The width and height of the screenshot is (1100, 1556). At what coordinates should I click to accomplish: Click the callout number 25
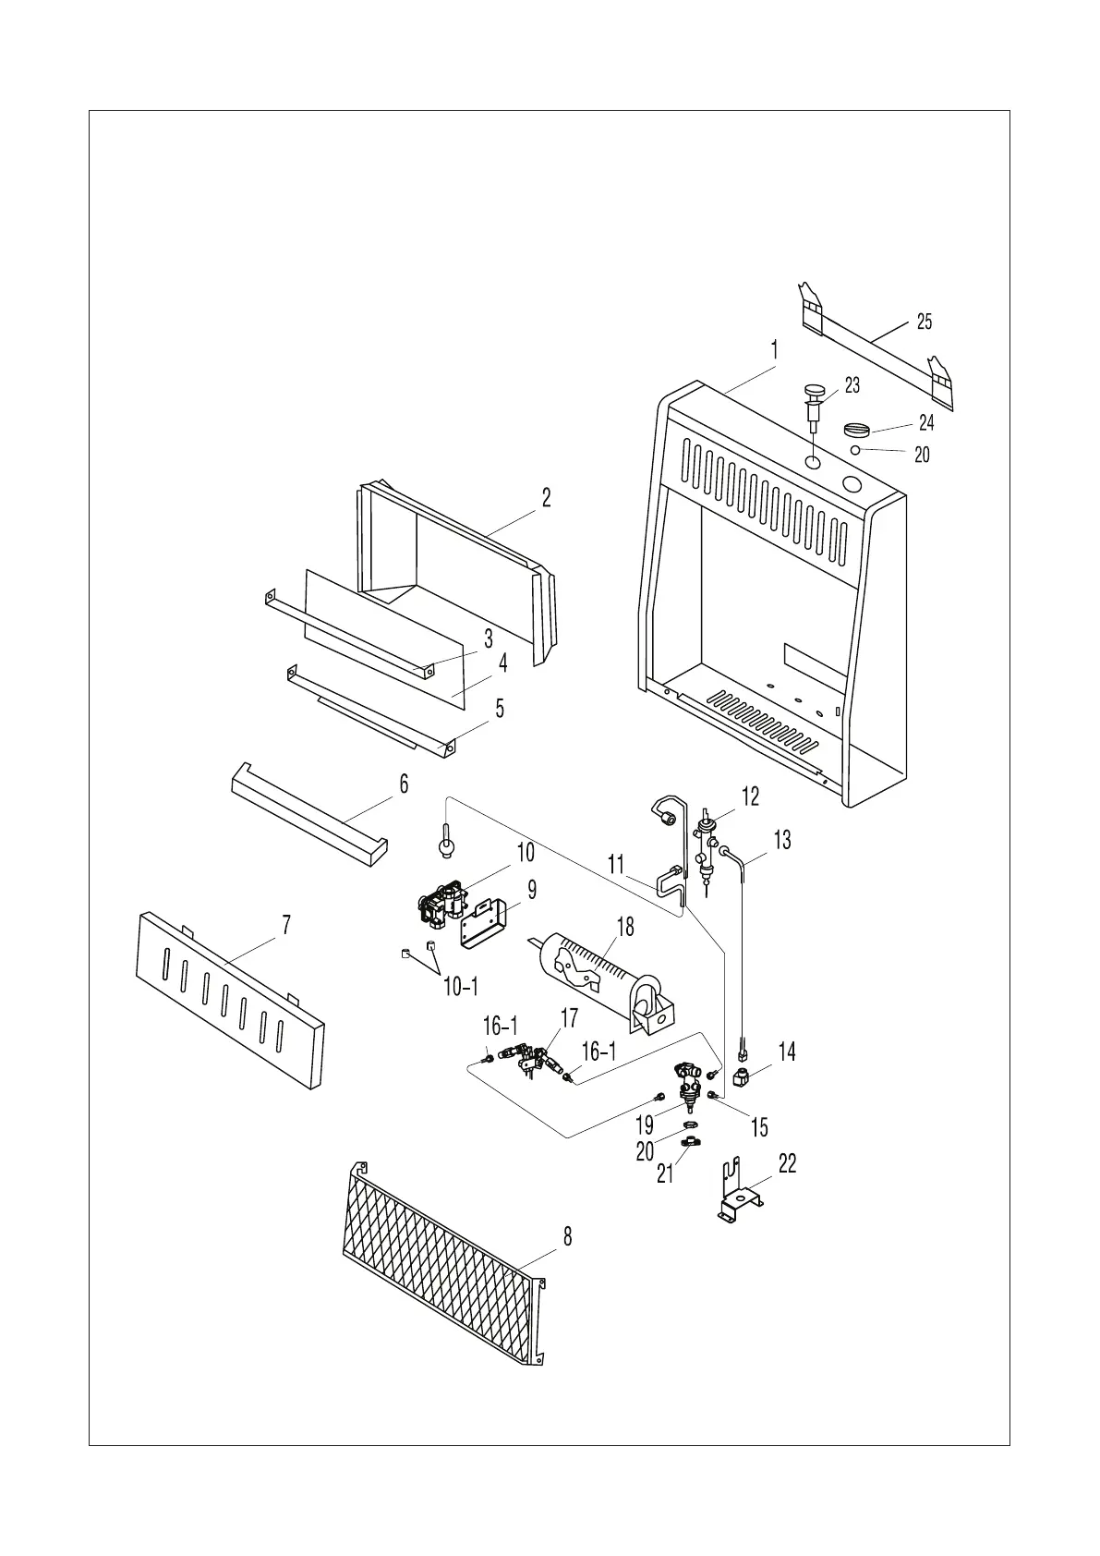pyautogui.click(x=924, y=322)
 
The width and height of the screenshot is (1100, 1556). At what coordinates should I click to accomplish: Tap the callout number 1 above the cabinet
pyautogui.click(x=774, y=350)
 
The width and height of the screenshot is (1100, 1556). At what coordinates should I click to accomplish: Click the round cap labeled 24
pyautogui.click(x=858, y=430)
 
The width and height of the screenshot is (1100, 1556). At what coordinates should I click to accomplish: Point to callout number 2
pyautogui.click(x=546, y=498)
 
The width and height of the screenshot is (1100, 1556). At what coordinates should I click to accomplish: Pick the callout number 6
pyautogui.click(x=404, y=784)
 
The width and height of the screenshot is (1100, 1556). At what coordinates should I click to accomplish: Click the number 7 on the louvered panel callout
pyautogui.click(x=286, y=925)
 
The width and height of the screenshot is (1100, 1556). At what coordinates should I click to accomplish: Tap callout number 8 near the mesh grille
pyautogui.click(x=567, y=1236)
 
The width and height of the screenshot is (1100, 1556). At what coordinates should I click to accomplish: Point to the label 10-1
pyautogui.click(x=461, y=988)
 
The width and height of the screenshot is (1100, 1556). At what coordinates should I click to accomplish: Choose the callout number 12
pyautogui.click(x=750, y=796)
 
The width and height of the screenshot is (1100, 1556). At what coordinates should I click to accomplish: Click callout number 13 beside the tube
pyautogui.click(x=782, y=840)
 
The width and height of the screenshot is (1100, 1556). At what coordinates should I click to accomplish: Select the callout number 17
pyautogui.click(x=569, y=1018)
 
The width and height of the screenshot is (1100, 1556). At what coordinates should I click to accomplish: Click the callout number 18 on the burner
pyautogui.click(x=625, y=927)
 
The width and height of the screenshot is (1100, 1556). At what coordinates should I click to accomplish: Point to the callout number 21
pyautogui.click(x=665, y=1173)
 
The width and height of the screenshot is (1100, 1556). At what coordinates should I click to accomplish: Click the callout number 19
pyautogui.click(x=644, y=1124)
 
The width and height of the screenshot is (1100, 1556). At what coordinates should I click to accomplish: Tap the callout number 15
pyautogui.click(x=759, y=1126)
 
